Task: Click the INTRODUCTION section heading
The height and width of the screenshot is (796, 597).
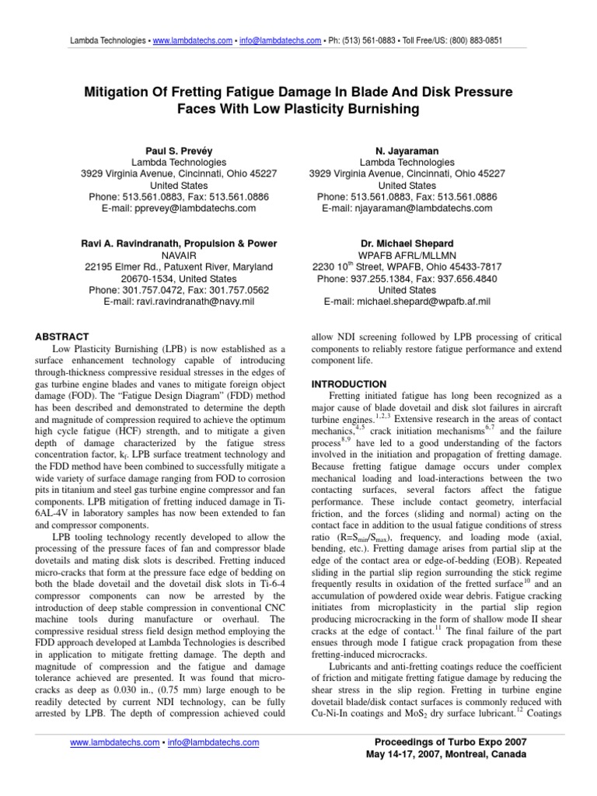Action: [x=349, y=384]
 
